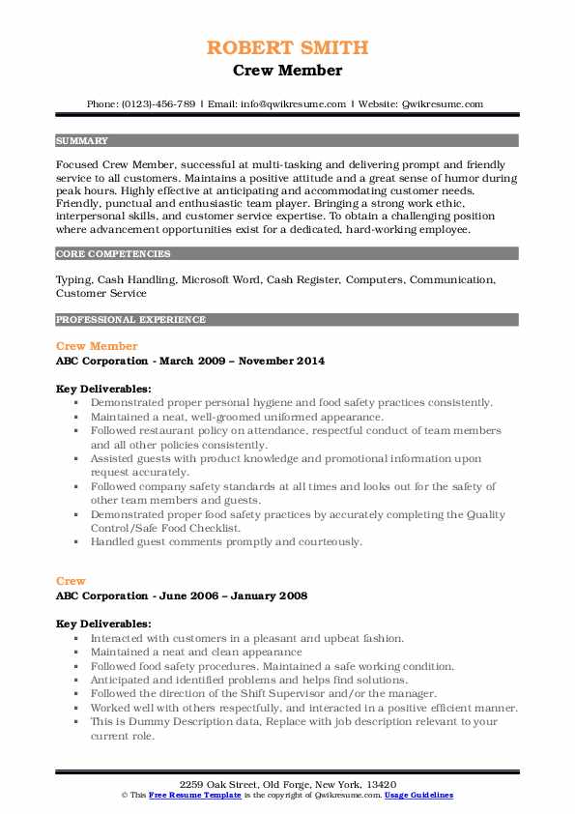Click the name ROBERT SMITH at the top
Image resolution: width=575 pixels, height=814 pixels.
(287, 47)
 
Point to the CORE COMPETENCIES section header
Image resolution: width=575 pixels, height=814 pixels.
(113, 254)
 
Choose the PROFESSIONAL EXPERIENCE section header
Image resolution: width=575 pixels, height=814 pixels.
(130, 319)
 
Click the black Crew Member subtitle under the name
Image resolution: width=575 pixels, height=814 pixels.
(287, 71)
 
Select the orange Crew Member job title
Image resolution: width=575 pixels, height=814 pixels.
(97, 346)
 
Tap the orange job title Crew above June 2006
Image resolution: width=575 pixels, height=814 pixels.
(71, 581)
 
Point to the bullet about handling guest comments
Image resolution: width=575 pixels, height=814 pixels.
(226, 542)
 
